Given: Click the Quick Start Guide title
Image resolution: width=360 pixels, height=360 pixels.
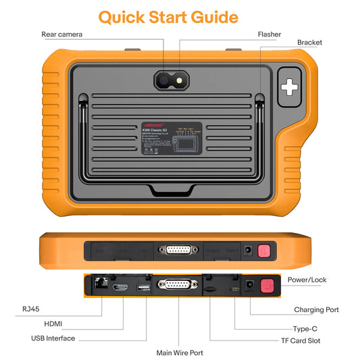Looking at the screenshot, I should pos(168,16).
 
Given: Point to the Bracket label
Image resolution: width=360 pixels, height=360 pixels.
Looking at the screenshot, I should pos(309,43).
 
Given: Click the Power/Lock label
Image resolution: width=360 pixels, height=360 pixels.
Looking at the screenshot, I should pos(307,280).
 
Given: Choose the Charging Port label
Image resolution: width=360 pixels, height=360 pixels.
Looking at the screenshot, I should pos(316,310).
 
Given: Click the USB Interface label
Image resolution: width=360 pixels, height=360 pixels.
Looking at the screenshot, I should pos(53,338).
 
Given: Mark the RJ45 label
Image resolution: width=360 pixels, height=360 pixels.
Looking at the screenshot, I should pos(30,309).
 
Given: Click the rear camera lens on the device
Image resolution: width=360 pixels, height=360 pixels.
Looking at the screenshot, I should pos(164,80).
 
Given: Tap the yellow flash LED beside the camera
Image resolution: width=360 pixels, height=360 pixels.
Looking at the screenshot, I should pos(179,80).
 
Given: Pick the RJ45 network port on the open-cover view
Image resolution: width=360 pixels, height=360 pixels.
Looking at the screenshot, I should pos(99,286).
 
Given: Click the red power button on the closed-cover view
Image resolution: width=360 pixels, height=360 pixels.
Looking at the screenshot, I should pos(264,251).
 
